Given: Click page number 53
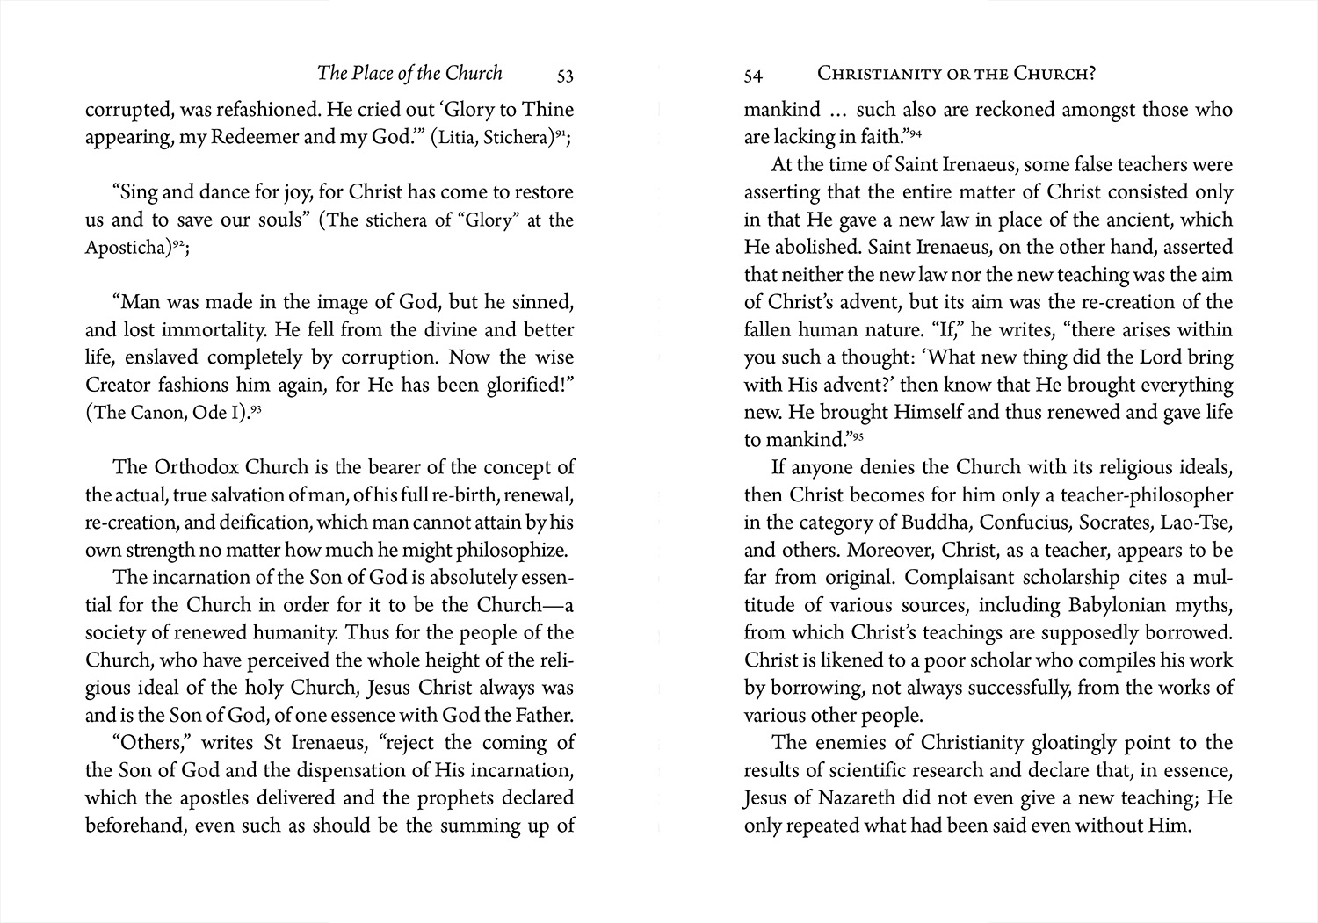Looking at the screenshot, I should (565, 76).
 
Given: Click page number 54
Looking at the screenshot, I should (753, 76).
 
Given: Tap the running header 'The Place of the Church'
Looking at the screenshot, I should (409, 73).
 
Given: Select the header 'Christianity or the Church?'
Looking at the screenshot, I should (956, 74).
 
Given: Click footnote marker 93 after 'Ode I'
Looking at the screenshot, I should (257, 407).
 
